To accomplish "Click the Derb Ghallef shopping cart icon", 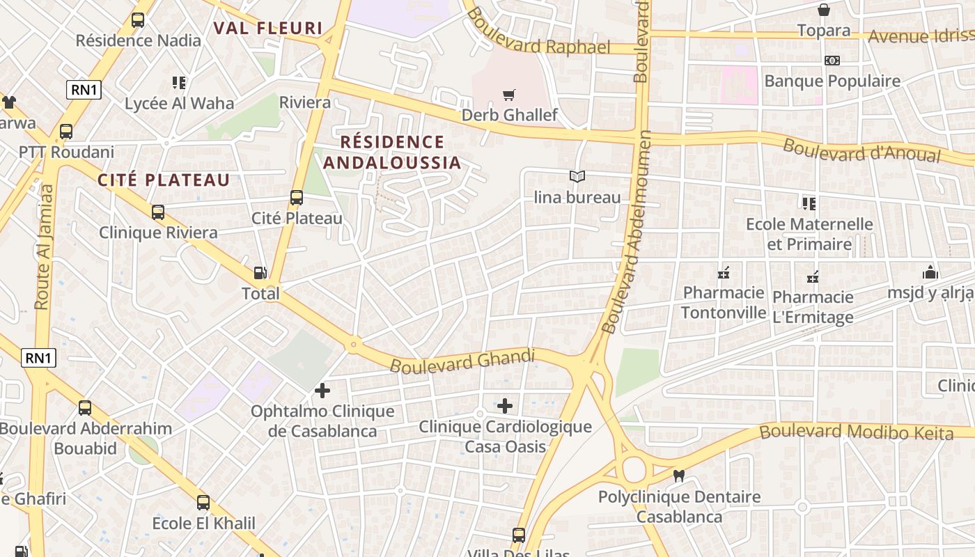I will click(509, 95).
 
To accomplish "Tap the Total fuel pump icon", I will click(260, 274).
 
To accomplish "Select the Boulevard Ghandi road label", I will click(462, 361).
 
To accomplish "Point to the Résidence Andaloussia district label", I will click(391, 152).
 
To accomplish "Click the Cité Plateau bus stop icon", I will click(297, 198).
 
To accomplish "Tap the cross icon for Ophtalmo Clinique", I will click(322, 391).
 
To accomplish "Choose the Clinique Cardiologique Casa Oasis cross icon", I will click(505, 405).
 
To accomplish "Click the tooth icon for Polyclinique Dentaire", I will click(678, 476).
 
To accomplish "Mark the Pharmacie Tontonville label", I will click(724, 302).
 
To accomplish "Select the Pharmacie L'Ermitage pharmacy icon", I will click(812, 277).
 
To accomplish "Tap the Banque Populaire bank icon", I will click(832, 61).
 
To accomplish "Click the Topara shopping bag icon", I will click(823, 10).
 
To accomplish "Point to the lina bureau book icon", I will click(577, 177).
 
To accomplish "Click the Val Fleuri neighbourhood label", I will click(268, 29).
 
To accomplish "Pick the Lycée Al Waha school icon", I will click(179, 83).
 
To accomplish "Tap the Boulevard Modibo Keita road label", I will click(856, 432).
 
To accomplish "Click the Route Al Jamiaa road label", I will click(44, 246).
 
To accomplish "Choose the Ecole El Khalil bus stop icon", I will click(203, 502).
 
